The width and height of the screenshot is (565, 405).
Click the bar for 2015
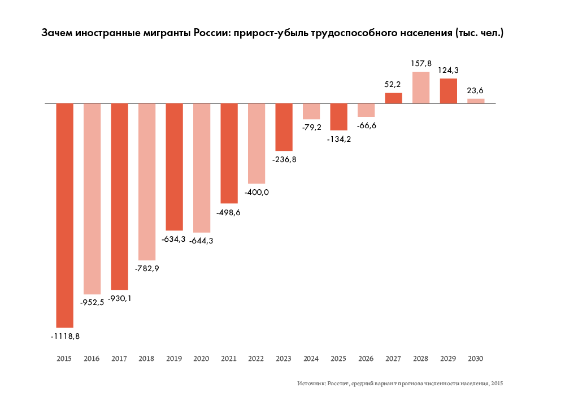(x=64, y=215)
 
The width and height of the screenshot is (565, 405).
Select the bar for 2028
(x=421, y=88)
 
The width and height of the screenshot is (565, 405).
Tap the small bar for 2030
(x=476, y=101)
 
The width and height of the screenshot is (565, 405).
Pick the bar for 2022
(x=257, y=144)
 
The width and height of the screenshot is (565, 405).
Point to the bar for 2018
(x=147, y=181)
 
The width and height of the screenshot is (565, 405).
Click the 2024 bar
(x=311, y=111)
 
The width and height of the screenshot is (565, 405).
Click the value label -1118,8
(x=65, y=336)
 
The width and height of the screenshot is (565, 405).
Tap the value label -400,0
(x=257, y=192)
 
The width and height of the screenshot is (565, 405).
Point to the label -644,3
(x=202, y=241)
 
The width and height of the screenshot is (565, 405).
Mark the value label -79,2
(x=311, y=127)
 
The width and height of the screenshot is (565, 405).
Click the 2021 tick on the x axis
(x=229, y=359)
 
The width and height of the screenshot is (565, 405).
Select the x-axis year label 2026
(x=366, y=359)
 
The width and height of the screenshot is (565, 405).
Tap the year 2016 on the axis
(x=92, y=359)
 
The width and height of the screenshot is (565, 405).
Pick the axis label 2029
(x=448, y=359)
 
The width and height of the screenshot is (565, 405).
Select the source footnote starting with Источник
(x=400, y=384)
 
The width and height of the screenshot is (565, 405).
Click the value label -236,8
(x=284, y=159)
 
